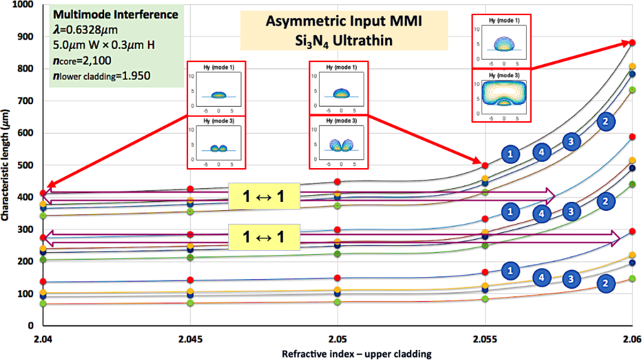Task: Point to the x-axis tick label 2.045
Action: click(189, 340)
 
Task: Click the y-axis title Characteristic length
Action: click(8, 164)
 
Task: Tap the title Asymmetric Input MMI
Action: click(344, 21)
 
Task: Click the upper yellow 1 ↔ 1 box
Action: click(263, 196)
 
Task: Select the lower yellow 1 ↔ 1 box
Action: click(263, 237)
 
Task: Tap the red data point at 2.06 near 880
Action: click(632, 43)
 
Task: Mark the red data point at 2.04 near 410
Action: click(43, 193)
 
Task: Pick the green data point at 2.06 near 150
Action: click(632, 278)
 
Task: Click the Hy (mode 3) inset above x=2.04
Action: click(217, 142)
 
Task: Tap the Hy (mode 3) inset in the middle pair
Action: click(339, 142)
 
